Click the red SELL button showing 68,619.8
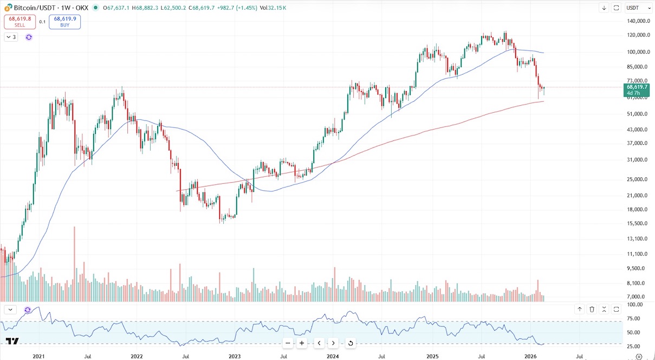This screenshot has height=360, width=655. [x=20, y=22]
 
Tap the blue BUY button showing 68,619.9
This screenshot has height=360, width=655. [x=64, y=22]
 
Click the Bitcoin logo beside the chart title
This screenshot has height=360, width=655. [x=8, y=8]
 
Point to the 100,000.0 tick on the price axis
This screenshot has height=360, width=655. [x=637, y=52]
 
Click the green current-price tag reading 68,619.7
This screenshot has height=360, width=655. [x=637, y=89]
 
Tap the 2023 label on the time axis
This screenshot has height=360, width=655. [x=235, y=356]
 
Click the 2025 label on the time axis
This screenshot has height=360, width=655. [x=432, y=356]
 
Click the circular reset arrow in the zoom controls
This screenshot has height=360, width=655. [x=351, y=343]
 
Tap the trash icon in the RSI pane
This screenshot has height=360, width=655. [x=592, y=310]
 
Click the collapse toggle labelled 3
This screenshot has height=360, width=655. [x=11, y=37]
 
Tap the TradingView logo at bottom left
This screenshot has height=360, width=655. [x=12, y=341]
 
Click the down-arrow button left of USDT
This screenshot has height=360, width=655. [x=604, y=8]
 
